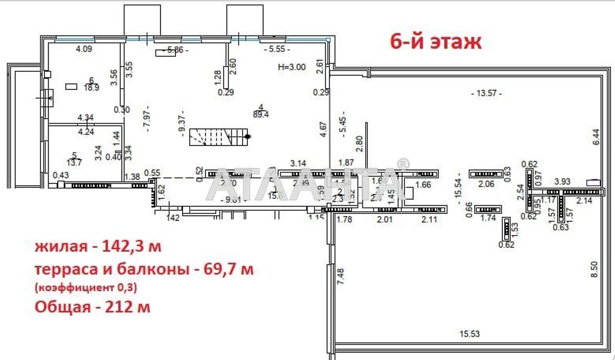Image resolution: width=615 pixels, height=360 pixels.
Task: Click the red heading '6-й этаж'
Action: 435,41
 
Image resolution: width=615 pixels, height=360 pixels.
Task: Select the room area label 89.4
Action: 261,115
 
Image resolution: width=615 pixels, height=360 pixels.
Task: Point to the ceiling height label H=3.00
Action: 292,67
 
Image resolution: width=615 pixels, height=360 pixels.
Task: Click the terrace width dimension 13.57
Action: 486,94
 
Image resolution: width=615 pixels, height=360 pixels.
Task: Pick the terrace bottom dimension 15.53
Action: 470,334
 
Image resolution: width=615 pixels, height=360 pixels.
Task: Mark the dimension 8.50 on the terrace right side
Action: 595,269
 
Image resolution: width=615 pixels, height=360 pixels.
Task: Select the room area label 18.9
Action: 91,88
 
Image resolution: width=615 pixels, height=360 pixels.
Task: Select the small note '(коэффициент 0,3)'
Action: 86,288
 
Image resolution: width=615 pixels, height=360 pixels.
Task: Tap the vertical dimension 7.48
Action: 340,276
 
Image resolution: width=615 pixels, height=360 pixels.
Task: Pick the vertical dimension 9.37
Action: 182,121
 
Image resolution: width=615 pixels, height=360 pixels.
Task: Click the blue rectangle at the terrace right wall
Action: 593,182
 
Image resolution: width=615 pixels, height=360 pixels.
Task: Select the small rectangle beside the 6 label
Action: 71,86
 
